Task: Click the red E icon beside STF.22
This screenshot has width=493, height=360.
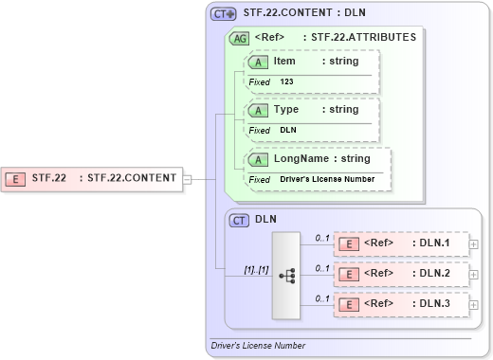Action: coord(16,177)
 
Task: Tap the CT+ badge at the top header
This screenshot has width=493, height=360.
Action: coord(223,13)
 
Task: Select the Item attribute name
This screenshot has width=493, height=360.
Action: coord(284,62)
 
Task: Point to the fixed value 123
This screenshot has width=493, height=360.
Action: coord(286,82)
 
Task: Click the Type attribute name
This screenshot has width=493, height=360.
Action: coord(285,110)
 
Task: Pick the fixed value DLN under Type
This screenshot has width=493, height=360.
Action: coord(288,130)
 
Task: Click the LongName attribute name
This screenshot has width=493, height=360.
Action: coord(301,158)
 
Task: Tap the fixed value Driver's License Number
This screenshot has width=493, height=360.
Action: coord(327,179)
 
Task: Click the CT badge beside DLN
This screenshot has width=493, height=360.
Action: coord(239,219)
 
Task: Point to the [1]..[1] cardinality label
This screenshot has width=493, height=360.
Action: coord(257,269)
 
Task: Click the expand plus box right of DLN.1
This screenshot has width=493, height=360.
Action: coord(473,244)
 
